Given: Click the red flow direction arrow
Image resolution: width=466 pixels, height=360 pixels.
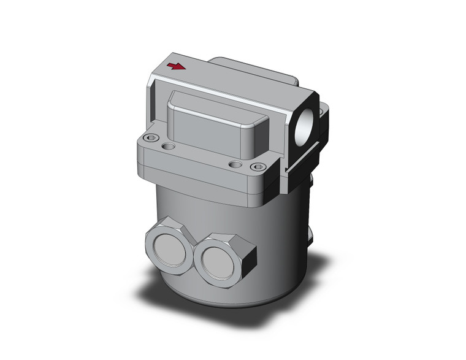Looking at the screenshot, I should coord(176,66).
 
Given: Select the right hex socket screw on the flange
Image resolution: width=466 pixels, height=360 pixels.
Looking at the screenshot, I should coord(259,167).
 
